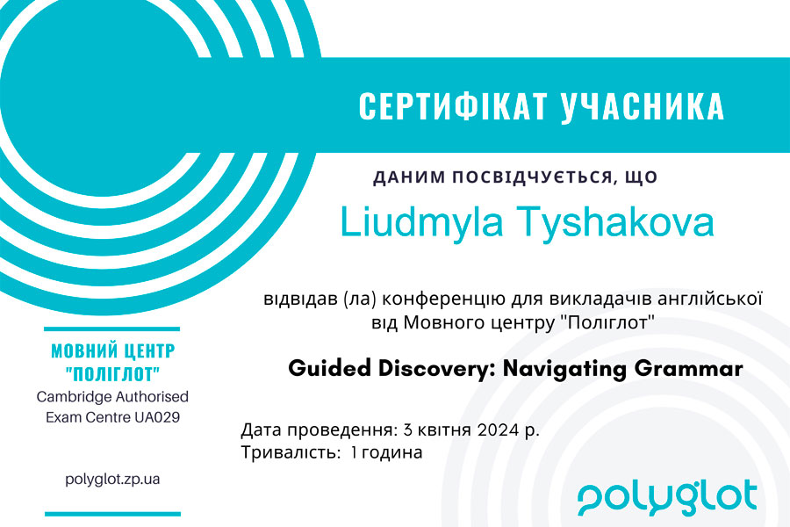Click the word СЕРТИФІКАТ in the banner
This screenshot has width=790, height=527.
[454, 106]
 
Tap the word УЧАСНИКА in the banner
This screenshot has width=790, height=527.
[643, 106]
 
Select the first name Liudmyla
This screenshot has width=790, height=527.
[421, 222]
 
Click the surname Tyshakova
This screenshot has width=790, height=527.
[617, 222]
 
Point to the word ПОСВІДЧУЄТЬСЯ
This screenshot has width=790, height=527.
[532, 177]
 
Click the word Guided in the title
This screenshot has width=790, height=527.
[329, 368]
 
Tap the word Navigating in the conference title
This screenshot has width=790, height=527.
[564, 369]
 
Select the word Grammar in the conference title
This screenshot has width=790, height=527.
[688, 368]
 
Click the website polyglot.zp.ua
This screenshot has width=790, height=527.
[112, 479]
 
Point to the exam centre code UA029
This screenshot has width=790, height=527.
[157, 417]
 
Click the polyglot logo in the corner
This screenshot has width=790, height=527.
[667, 498]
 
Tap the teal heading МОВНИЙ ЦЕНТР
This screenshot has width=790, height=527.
[113, 350]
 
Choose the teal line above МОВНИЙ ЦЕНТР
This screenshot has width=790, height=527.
[111, 329]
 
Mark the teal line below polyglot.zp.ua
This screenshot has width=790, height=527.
[112, 514]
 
